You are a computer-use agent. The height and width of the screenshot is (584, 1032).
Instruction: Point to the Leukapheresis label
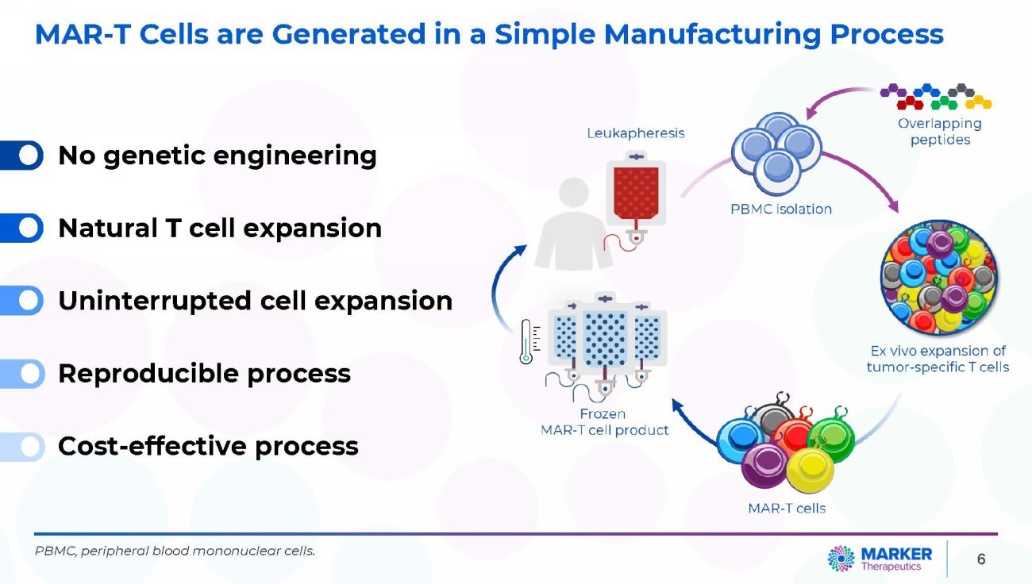(x=635, y=133)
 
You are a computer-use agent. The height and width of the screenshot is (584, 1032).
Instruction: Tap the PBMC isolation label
(x=781, y=209)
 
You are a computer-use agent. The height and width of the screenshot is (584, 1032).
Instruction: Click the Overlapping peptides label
(x=940, y=132)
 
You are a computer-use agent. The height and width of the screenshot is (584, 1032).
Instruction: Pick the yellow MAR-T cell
(x=810, y=471)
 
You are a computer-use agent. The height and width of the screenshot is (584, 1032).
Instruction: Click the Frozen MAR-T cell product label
(x=603, y=422)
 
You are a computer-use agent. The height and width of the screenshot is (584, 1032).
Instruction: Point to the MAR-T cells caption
(x=787, y=508)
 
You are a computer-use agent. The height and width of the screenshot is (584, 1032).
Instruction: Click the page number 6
(x=981, y=559)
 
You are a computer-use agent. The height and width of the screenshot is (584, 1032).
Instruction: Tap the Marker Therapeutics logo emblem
(x=841, y=559)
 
